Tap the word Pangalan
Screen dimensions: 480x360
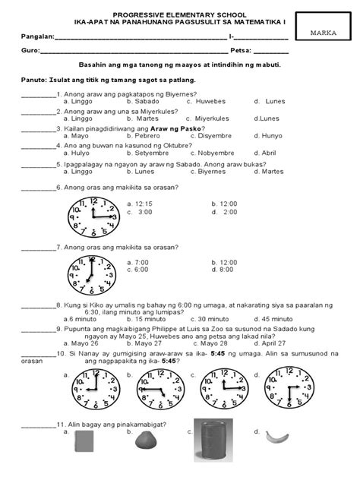[x=38, y=36]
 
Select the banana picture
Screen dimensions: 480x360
[x=276, y=437]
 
